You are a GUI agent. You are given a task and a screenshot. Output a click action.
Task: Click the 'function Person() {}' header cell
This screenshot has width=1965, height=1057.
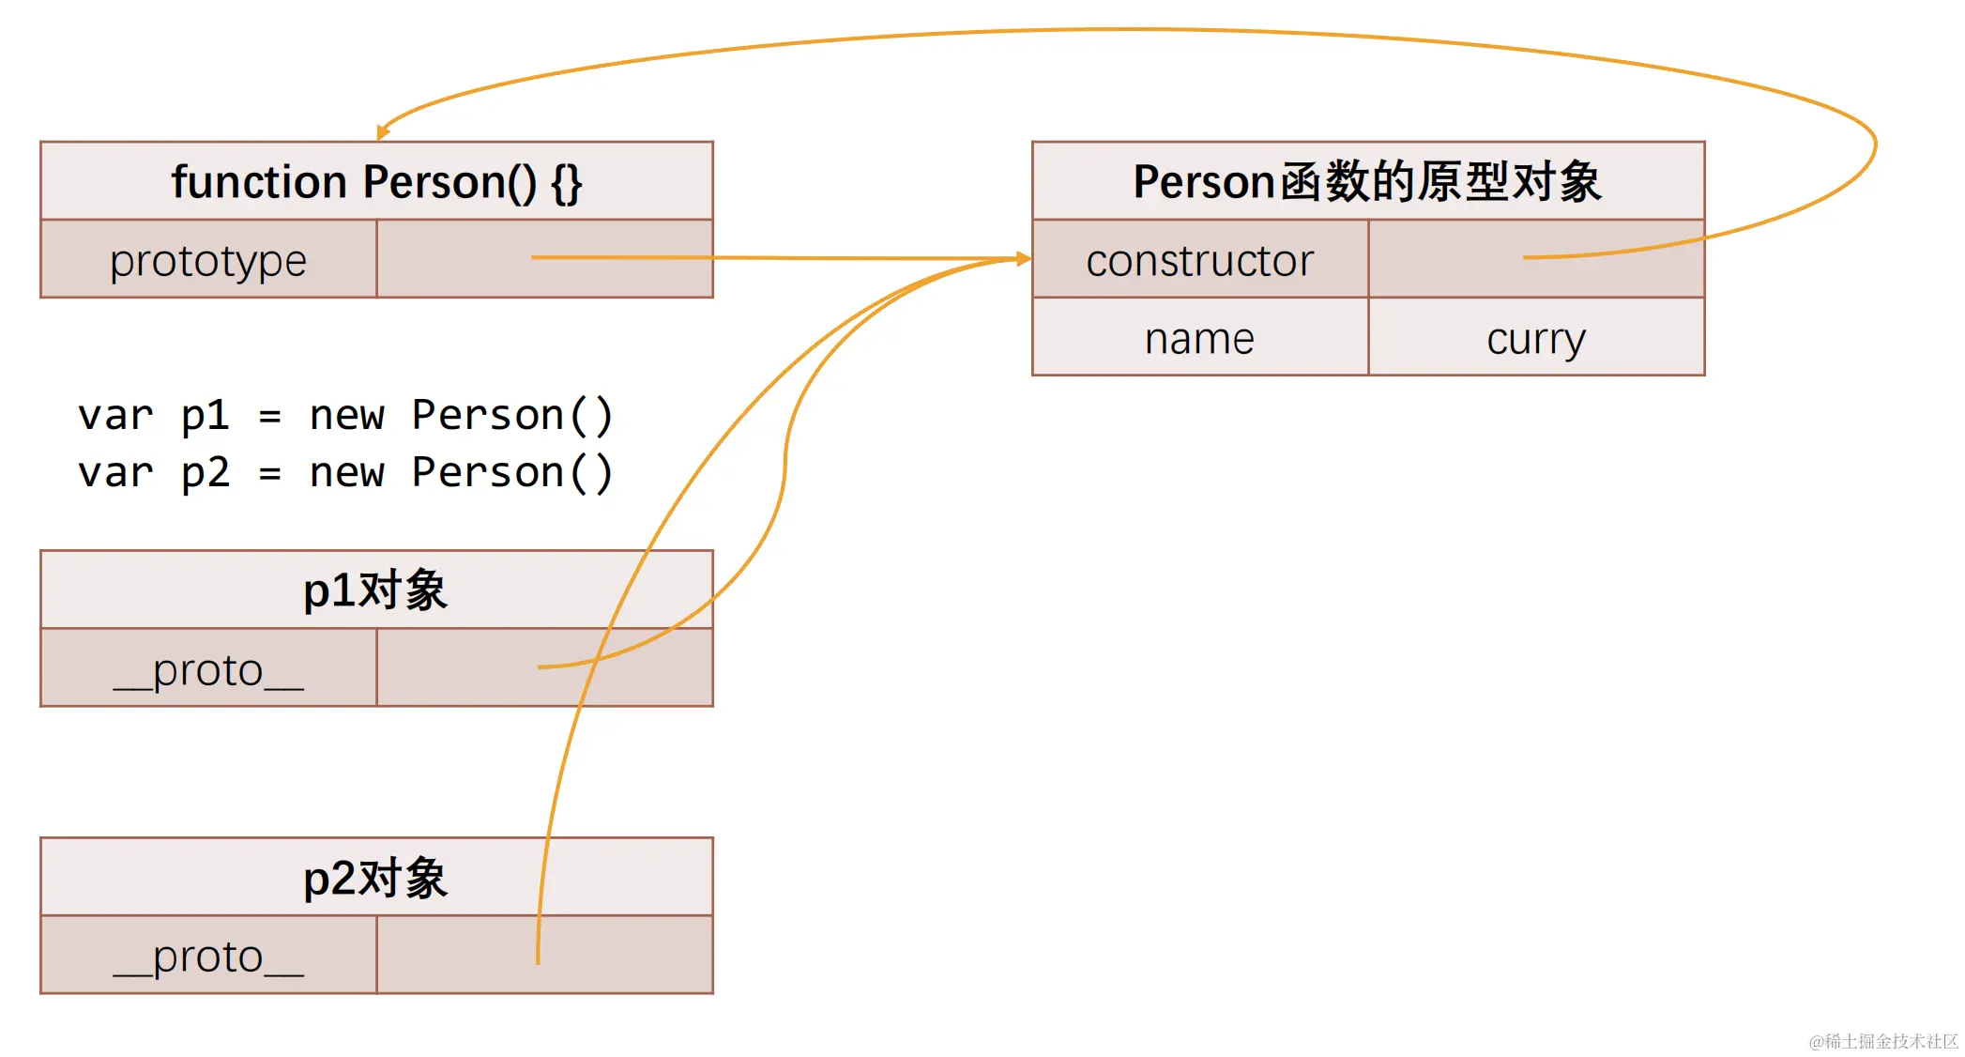coord(376,182)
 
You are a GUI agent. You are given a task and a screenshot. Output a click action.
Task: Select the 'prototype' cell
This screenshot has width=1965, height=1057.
coord(208,260)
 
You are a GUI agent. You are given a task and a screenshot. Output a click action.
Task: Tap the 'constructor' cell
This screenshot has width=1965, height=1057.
coord(1199,260)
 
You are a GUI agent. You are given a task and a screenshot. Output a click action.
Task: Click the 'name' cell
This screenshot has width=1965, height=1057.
coord(1199,338)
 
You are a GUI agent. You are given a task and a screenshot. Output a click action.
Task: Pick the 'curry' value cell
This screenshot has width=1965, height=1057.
coord(1536,338)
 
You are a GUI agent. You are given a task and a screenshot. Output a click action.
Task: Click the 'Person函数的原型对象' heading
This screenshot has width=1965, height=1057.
coord(1367,182)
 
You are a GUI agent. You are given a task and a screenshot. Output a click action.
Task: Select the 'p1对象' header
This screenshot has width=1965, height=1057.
coord(376,590)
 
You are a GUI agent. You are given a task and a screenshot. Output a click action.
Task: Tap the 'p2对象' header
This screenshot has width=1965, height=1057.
coord(376,878)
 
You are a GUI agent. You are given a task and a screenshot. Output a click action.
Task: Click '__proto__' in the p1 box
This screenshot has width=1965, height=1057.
coord(208,669)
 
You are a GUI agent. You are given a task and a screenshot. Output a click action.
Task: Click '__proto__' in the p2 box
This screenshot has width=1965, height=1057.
coord(208,957)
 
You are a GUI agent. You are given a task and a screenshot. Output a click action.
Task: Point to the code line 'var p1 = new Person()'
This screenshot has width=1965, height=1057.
coord(345,415)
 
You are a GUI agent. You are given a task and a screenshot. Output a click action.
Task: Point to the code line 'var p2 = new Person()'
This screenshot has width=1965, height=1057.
coord(345,472)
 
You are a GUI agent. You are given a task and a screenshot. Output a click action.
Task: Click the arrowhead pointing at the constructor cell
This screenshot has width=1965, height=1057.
coord(1024,258)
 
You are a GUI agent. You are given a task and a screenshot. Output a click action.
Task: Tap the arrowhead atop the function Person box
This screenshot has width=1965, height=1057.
coord(382,132)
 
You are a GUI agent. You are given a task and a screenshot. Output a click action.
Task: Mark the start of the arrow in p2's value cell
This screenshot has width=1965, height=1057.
coord(538,961)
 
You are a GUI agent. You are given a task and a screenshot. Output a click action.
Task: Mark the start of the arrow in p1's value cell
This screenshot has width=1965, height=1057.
coord(540,667)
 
